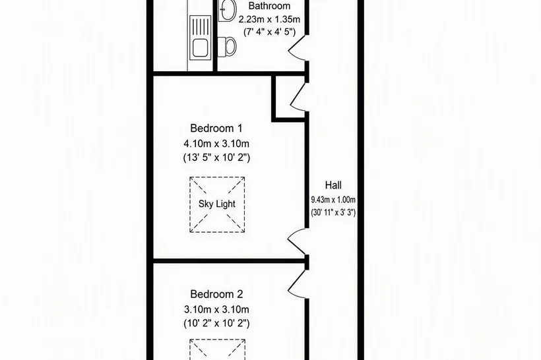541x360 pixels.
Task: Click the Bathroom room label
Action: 269,6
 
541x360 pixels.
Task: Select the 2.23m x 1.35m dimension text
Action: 269,19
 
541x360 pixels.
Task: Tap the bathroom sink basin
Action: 228,11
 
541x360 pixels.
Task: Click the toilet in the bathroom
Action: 228,46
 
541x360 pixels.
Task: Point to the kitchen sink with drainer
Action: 200,38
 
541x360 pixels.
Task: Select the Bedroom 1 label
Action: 216,129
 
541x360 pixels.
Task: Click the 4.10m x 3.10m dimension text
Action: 216,143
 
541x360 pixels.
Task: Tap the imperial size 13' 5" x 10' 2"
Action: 216,158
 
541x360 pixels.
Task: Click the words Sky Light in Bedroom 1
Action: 217,204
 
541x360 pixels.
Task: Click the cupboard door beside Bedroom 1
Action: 298,97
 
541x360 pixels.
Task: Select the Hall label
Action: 333,185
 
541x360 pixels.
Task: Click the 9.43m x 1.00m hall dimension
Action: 333,199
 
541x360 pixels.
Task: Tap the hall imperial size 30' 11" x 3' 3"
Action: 333,212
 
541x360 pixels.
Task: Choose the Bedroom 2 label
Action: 216,294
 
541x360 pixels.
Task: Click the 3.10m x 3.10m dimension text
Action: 216,309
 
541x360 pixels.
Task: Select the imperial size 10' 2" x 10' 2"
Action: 216,324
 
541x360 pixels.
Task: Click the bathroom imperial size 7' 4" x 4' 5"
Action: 269,32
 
